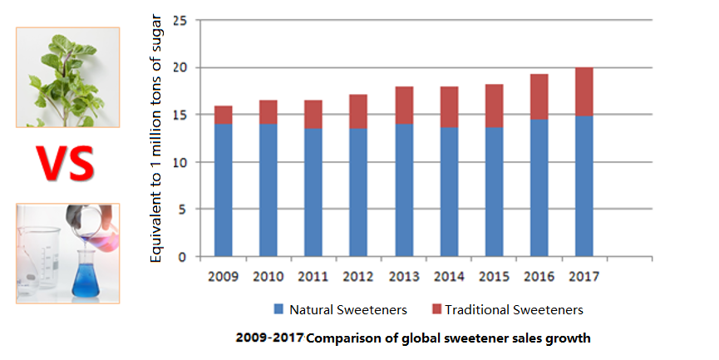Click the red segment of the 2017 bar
pyautogui.click(x=584, y=91)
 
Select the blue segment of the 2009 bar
pyautogui.click(x=223, y=190)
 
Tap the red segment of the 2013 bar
pyautogui.click(x=403, y=105)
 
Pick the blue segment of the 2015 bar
pyautogui.click(x=494, y=191)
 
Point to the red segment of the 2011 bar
pyautogui.click(x=313, y=114)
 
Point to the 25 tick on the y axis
pyautogui.click(x=180, y=20)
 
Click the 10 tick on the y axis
pyautogui.click(x=180, y=162)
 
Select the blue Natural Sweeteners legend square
pyautogui.click(x=278, y=310)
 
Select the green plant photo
pyautogui.click(x=67, y=76)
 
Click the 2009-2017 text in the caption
pyautogui.click(x=269, y=338)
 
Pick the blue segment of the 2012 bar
pyautogui.click(x=358, y=192)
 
